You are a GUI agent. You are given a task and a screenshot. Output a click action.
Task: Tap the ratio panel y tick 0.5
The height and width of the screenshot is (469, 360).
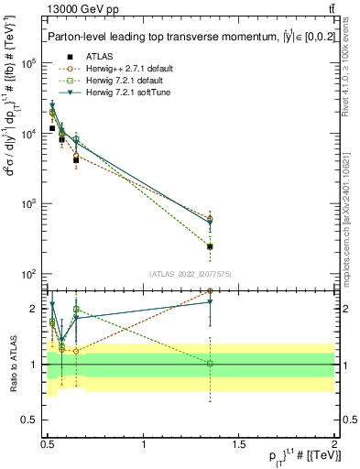(x=30, y=420)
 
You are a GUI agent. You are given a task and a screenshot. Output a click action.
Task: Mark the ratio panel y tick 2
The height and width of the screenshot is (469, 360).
(x=35, y=309)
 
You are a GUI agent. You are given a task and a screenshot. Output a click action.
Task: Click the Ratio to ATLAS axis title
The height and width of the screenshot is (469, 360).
(x=12, y=364)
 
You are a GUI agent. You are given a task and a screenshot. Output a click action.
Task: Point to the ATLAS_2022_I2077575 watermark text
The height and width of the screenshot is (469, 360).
(x=190, y=273)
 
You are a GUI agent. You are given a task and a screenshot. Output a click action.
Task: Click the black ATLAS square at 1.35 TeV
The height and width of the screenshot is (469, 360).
(x=211, y=246)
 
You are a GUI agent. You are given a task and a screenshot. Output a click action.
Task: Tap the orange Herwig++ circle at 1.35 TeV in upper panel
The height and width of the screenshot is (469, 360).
(x=211, y=218)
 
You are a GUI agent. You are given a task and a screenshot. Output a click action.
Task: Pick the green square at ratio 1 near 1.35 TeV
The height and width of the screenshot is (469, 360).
(x=211, y=364)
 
